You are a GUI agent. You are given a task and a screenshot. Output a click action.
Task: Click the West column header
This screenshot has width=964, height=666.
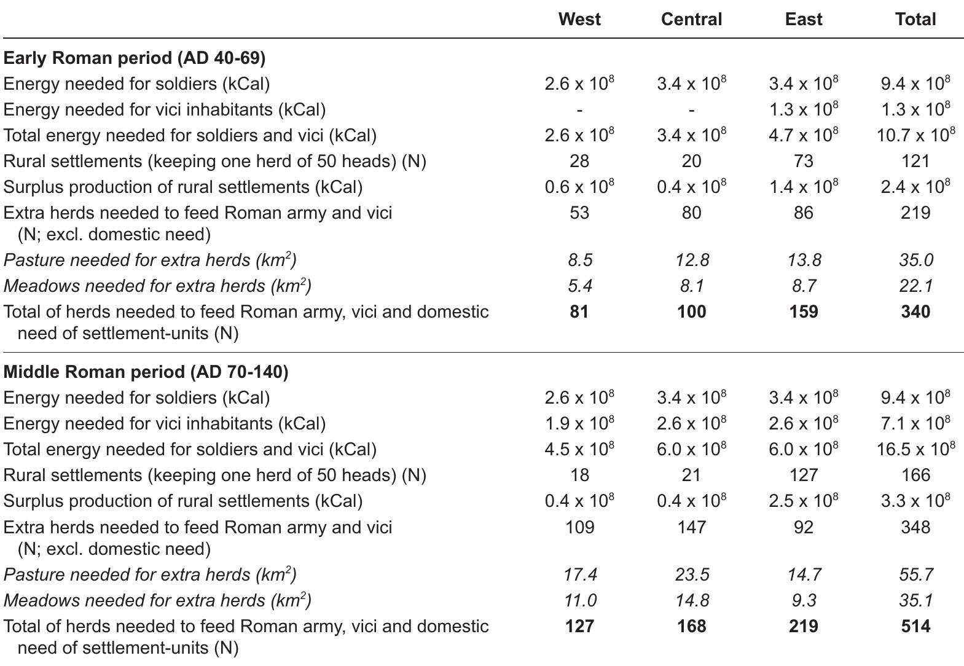[x=579, y=19]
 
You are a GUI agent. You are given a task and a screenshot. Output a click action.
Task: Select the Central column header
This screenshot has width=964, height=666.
[x=691, y=19]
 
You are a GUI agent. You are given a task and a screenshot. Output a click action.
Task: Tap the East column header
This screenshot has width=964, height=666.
[x=803, y=19]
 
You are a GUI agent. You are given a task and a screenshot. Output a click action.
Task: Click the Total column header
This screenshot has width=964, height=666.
[x=915, y=19]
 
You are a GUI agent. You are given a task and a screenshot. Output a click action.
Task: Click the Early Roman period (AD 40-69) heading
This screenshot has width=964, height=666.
[x=134, y=58]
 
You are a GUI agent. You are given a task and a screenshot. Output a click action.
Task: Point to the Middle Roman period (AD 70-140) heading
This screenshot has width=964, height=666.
[x=146, y=372]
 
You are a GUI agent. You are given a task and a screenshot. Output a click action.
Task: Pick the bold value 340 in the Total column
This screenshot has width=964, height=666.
[x=915, y=311]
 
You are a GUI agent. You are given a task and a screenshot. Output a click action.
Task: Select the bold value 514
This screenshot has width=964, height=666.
[x=915, y=626]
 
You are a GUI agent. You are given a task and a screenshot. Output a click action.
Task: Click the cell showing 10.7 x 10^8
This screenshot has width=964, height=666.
[x=915, y=135]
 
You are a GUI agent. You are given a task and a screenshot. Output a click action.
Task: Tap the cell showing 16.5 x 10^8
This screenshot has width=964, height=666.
[x=915, y=449]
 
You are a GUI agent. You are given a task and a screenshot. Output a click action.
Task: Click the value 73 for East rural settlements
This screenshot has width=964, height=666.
[x=803, y=161]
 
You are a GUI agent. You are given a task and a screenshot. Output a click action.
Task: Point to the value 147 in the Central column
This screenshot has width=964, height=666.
[x=691, y=527]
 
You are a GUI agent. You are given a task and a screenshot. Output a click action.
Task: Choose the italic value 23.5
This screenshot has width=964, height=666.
[x=692, y=574]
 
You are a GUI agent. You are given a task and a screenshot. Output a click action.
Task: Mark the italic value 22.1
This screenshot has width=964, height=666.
[x=916, y=286]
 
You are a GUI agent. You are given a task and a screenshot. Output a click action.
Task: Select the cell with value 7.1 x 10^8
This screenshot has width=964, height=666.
[x=915, y=423]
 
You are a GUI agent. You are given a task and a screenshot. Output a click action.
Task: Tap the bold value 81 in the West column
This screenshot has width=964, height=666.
[x=579, y=311]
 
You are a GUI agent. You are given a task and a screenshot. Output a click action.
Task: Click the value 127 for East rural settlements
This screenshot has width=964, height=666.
[x=803, y=475]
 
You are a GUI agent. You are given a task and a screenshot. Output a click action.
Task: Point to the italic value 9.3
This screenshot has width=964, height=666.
[x=804, y=600]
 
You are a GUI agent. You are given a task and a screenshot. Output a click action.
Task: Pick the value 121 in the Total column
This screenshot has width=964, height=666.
[x=915, y=161]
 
